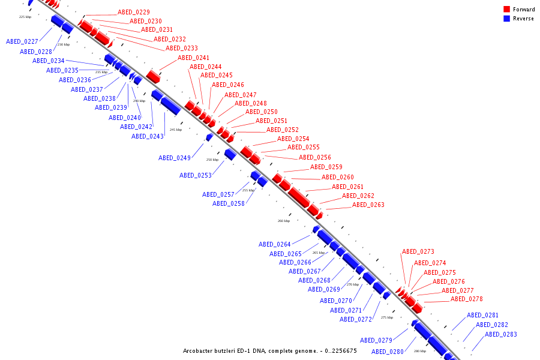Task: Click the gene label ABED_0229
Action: [x=134, y=12]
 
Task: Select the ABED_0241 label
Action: [x=194, y=58]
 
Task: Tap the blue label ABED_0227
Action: [x=22, y=41]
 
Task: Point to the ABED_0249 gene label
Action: [x=175, y=158]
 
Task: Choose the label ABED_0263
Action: [x=368, y=205]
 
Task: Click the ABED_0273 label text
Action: [x=418, y=251]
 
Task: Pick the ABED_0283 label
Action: [x=501, y=334]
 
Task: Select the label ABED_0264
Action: [x=275, y=244]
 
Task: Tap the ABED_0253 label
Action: [x=196, y=175]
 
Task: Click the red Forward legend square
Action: [x=506, y=10]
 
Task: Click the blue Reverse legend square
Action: [x=506, y=19]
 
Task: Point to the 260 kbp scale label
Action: [x=284, y=221]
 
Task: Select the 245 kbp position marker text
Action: [x=176, y=130]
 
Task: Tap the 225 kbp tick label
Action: [x=25, y=17]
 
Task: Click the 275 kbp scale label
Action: [x=387, y=317]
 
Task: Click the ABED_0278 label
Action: [x=467, y=299]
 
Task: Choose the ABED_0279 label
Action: [x=377, y=340]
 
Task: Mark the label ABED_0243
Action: [x=148, y=136]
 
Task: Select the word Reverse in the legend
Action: [x=523, y=19]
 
